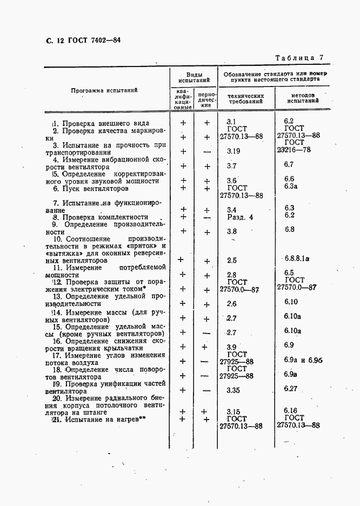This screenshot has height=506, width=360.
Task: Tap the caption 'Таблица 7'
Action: [299, 57]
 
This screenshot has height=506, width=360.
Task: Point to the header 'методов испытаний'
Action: [303, 98]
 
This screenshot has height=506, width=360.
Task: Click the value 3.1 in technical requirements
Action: [232, 122]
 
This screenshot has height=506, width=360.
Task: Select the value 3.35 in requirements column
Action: [234, 389]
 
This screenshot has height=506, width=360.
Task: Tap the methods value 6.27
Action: [291, 388]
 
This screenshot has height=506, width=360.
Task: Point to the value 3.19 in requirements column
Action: [234, 151]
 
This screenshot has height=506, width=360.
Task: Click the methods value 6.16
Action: [291, 411]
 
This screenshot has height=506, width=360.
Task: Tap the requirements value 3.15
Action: [233, 411]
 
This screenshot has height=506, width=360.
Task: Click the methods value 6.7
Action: [288, 164]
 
